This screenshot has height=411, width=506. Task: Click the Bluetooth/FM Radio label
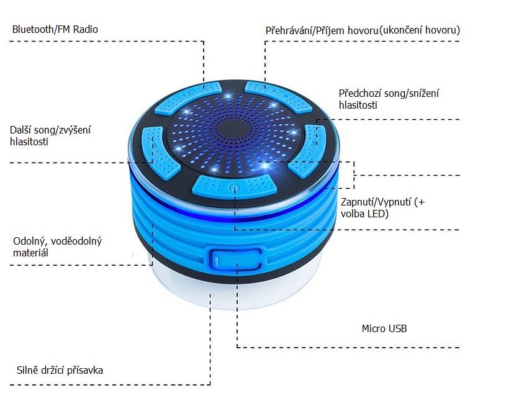[55, 29]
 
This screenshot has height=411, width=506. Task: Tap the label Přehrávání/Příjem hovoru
[322, 30]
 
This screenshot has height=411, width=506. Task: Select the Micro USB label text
[384, 328]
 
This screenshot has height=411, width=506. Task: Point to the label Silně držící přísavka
[60, 370]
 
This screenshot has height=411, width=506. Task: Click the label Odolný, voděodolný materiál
[58, 247]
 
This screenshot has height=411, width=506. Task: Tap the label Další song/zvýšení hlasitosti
[50, 135]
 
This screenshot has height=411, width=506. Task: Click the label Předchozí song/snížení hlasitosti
[389, 99]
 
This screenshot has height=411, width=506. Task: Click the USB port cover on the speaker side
[237, 259]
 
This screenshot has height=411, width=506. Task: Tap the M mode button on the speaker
[188, 97]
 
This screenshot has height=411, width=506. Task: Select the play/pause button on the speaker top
[278, 96]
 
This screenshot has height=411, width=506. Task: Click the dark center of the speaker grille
[233, 129]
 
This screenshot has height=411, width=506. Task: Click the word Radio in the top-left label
[86, 29]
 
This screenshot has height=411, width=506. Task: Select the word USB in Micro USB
[397, 328]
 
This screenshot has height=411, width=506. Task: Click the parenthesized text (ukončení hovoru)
[420, 30]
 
